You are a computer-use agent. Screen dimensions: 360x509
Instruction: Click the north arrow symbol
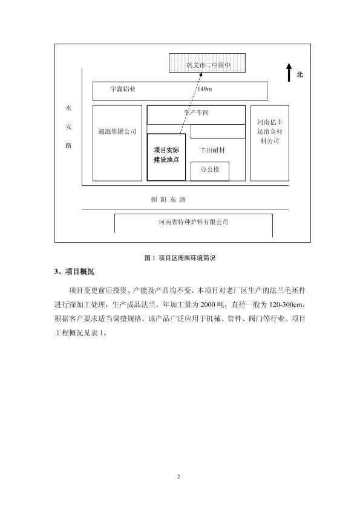(289, 73)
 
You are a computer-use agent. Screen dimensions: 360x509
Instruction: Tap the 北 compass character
(299, 74)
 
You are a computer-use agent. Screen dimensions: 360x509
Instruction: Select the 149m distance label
(205, 89)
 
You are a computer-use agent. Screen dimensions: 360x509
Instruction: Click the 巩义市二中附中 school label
(208, 65)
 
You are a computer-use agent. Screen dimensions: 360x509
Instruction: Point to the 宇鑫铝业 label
(123, 88)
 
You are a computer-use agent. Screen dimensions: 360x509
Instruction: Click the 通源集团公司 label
(117, 131)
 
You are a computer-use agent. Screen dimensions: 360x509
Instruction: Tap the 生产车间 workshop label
(197, 113)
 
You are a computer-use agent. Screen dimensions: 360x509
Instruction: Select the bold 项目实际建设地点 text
(166, 155)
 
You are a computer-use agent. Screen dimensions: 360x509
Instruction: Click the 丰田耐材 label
(212, 150)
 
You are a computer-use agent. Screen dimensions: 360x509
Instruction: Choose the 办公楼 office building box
(210, 171)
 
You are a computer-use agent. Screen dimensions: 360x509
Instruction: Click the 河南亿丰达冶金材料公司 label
(270, 131)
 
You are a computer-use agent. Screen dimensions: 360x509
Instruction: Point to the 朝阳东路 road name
(168, 200)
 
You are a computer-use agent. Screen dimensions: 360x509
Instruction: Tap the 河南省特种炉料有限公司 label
(194, 222)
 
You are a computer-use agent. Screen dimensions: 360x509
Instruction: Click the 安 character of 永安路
(68, 126)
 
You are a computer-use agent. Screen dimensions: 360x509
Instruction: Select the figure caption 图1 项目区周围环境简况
(180, 258)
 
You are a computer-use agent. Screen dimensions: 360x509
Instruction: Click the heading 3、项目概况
(74, 272)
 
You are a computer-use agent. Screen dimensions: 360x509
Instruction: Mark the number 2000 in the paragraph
(208, 304)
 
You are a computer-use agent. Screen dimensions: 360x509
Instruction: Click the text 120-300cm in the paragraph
(286, 304)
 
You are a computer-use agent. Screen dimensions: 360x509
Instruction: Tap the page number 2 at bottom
(178, 476)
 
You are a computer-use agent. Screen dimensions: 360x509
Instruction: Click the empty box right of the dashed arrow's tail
(218, 131)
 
